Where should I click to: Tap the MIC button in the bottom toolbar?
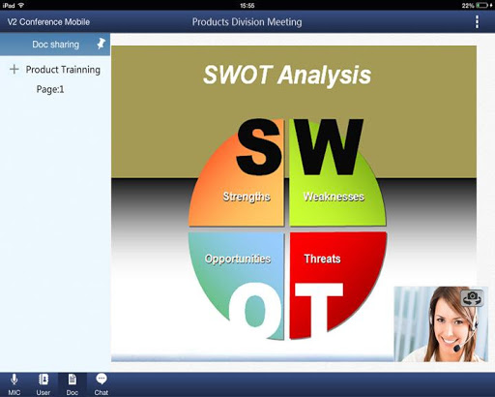[x=15, y=384]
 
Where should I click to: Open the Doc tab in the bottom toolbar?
[x=73, y=384]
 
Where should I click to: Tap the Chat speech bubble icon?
[x=102, y=379]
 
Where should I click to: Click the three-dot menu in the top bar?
[x=477, y=22]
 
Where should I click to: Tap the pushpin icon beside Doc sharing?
[x=101, y=44]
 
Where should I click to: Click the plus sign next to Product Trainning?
[x=15, y=69]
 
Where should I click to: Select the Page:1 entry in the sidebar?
[x=50, y=89]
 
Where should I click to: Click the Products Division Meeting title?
[x=247, y=22]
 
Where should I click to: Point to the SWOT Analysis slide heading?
[x=287, y=75]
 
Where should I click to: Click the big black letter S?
[x=259, y=147]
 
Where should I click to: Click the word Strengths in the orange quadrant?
[x=247, y=197]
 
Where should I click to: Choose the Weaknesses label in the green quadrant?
[x=334, y=197]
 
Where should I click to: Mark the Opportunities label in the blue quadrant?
[x=238, y=259]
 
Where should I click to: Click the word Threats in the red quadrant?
[x=322, y=259]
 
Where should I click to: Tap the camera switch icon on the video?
[x=472, y=298]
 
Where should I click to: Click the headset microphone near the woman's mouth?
[x=457, y=349]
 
